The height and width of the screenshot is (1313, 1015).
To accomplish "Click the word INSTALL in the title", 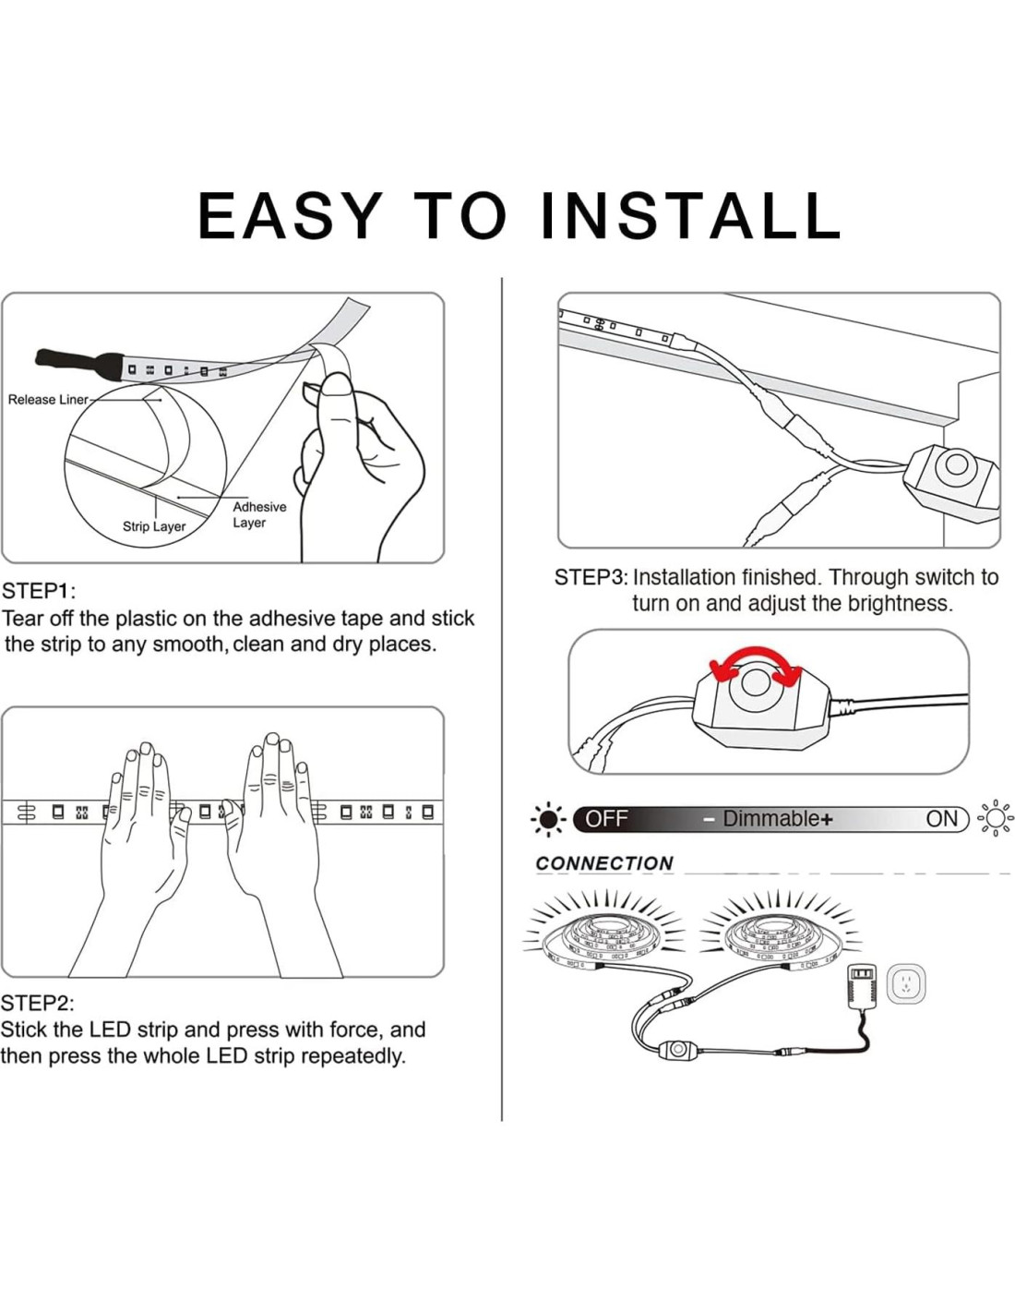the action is (691, 215).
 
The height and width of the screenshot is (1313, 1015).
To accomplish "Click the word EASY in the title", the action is (289, 215).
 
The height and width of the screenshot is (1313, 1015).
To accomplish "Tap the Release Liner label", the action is (48, 400).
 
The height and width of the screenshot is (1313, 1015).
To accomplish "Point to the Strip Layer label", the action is (154, 526).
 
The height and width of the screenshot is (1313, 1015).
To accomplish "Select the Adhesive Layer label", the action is (259, 515).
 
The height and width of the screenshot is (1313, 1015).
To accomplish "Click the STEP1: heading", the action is (40, 591).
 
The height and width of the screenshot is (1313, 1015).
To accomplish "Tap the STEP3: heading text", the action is (591, 578).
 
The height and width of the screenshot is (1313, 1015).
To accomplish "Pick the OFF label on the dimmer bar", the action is (607, 819).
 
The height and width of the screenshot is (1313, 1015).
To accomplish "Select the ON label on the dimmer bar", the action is (942, 819).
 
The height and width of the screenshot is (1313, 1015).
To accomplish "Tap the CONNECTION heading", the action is (604, 863).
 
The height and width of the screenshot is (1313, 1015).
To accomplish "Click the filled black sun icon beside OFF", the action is (549, 819).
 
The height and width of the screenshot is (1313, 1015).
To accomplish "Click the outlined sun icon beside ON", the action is (995, 819).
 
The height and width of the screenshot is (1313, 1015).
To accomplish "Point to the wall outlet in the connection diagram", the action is (906, 986).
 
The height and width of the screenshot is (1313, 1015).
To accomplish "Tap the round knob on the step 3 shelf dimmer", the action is (956, 465).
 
